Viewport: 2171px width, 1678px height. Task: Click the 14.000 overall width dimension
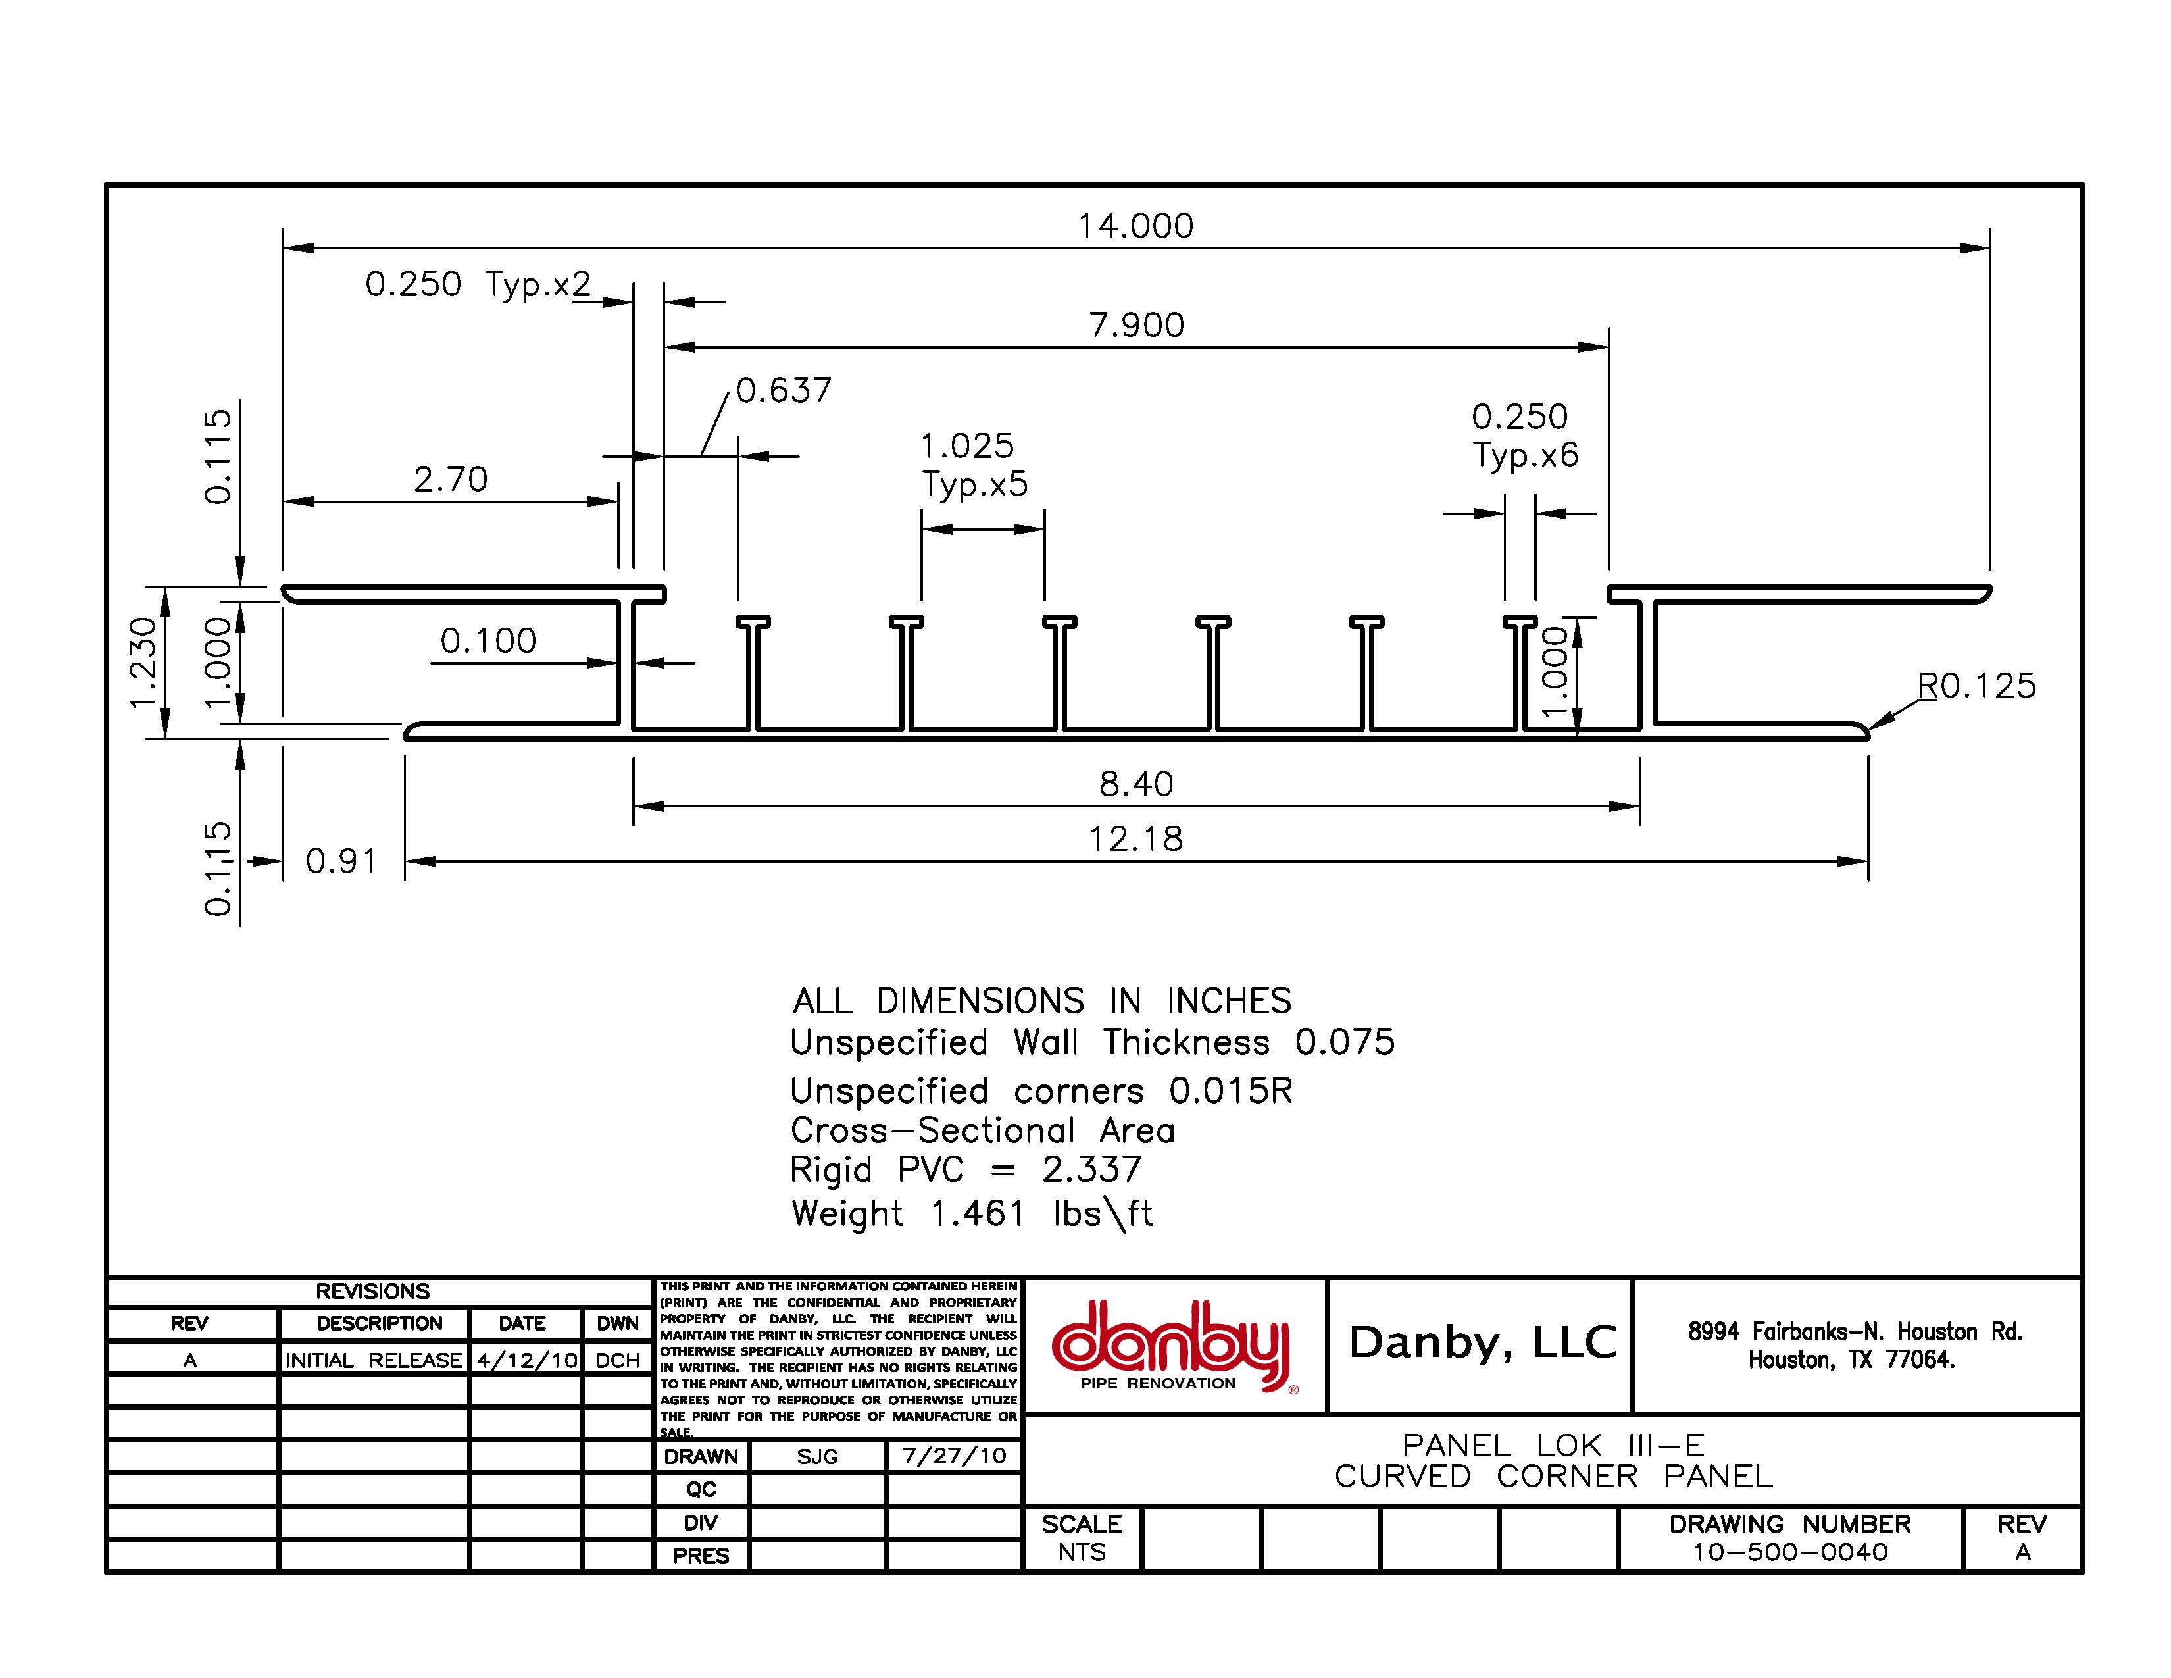click(1135, 226)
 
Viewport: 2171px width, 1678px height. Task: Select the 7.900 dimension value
click(1136, 325)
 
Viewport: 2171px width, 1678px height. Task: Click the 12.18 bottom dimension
click(1135, 839)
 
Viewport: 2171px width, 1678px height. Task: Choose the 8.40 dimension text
click(1135, 784)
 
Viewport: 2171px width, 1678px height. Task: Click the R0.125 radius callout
click(1976, 686)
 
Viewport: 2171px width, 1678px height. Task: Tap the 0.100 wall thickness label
click(488, 640)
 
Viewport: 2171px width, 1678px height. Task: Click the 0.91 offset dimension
click(341, 861)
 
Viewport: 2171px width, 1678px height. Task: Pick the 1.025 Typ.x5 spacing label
click(972, 464)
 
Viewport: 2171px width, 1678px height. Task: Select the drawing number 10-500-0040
click(1790, 1552)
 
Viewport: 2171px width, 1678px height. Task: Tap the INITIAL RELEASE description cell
click(373, 1360)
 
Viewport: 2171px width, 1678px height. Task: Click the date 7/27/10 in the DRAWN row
click(953, 1456)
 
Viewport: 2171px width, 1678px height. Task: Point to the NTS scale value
click(1082, 1552)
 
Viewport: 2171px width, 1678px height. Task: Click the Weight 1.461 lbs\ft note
click(971, 1214)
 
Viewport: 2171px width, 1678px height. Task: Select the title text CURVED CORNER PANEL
click(1553, 1476)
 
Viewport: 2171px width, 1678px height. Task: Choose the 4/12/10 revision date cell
click(526, 1360)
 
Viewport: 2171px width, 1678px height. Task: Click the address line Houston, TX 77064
click(1851, 1360)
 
